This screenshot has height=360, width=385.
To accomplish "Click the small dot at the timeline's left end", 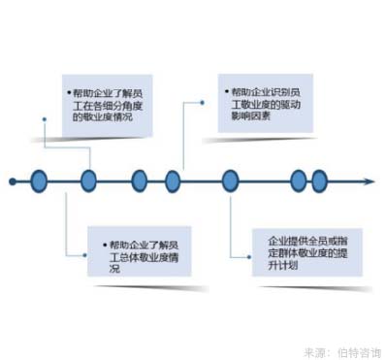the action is (x=11, y=180).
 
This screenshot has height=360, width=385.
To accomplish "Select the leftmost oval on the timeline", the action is (x=40, y=180).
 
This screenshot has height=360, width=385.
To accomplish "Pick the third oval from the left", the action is (x=140, y=180).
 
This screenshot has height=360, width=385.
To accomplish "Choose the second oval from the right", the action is (x=299, y=180).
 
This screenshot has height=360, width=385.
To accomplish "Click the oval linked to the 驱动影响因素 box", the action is (x=173, y=180).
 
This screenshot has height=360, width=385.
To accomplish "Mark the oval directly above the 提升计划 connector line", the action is (x=230, y=180).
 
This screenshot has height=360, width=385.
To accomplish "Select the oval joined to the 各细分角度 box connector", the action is (x=88, y=180).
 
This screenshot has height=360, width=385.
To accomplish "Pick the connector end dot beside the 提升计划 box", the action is (x=234, y=256).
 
